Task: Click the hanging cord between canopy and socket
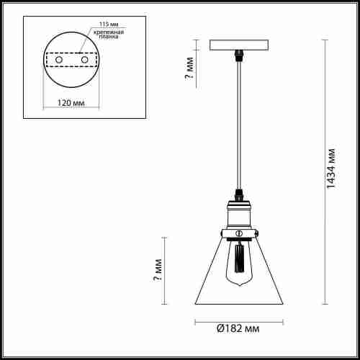(x=238, y=130)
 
